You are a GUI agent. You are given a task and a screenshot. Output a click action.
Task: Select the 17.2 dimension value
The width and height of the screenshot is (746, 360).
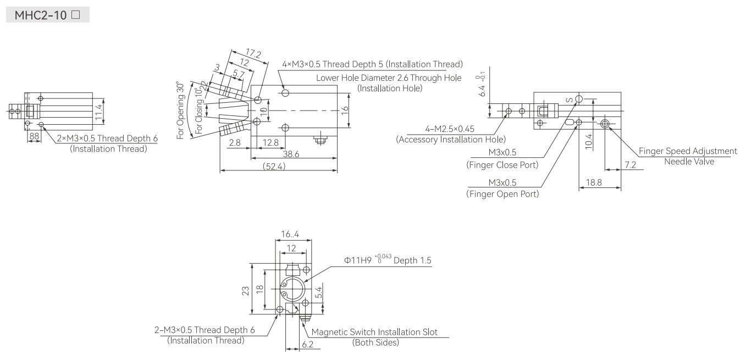253,53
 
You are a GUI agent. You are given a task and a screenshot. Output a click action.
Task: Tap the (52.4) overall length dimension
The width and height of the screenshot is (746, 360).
274,166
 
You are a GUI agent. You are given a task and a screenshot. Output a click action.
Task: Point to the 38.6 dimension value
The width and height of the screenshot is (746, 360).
291,154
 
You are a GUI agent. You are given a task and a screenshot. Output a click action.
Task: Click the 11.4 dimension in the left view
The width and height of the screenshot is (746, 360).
98,112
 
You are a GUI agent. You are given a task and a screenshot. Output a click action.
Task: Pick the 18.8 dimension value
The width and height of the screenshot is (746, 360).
594,182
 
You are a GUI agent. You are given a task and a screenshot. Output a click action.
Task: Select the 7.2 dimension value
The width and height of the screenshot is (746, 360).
631,165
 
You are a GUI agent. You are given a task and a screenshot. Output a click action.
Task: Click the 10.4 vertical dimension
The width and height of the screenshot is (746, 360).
589,142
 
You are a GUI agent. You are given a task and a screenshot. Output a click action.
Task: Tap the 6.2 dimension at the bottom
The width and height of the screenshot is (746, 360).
308,345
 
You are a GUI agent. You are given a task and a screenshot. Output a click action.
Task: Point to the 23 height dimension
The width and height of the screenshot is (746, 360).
245,291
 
